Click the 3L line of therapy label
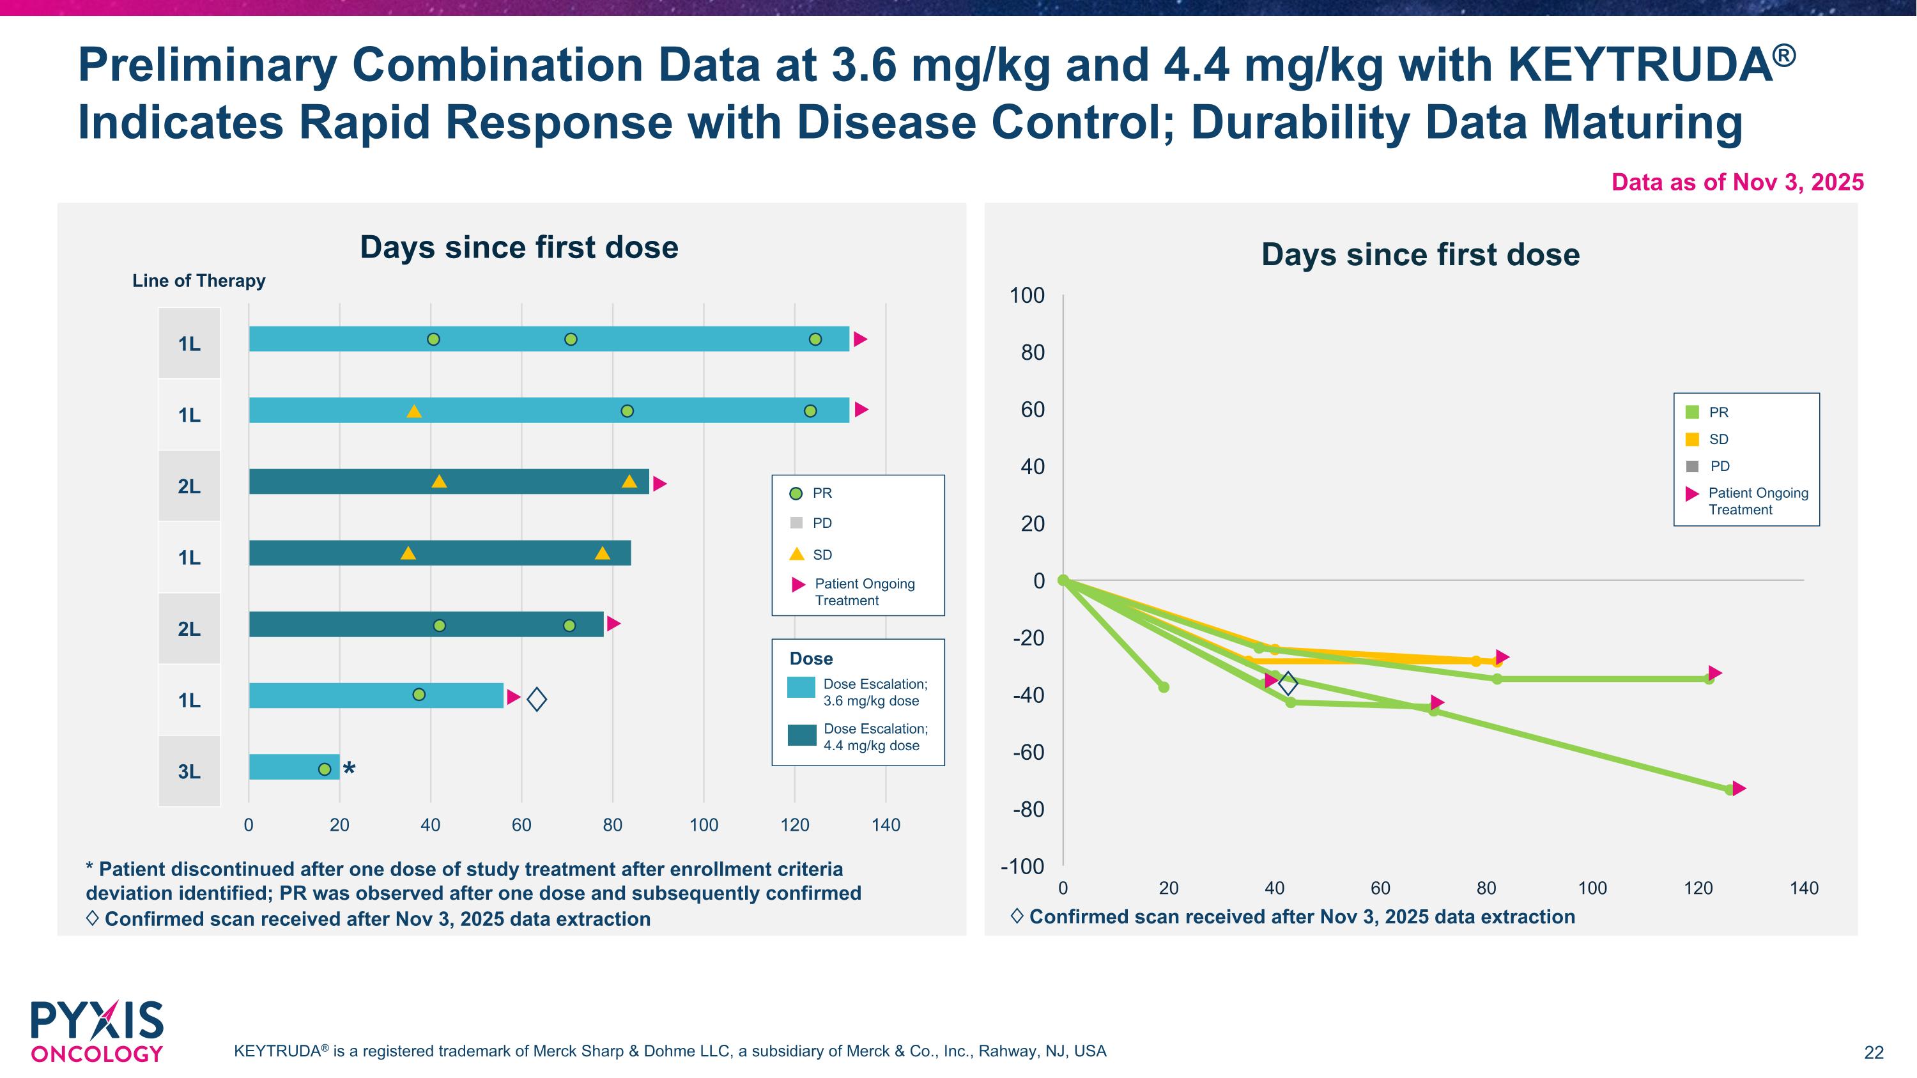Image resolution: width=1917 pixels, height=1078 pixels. coord(189,771)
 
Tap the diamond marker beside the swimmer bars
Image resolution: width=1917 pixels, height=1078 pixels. coord(537,699)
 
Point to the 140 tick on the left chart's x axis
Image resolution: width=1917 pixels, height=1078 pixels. coord(886,825)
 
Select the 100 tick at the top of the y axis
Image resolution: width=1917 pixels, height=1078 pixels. coord(1027,295)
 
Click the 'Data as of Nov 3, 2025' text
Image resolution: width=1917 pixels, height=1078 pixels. coord(1737,182)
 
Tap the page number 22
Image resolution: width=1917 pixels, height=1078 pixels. coord(1874,1052)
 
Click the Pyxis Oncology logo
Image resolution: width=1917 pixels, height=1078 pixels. coord(96,1032)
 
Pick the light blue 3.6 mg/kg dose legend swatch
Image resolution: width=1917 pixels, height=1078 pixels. coord(801,688)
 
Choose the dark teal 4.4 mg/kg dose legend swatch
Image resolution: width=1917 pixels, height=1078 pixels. coord(801,735)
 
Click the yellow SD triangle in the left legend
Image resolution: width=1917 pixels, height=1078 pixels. coord(796,554)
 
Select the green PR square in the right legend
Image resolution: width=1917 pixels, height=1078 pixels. coord(1692,412)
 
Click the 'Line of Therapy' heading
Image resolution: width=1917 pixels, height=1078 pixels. coord(199,281)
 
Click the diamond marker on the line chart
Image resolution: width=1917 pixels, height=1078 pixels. coord(1288,683)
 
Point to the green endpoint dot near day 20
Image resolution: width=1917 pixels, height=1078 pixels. coord(1164,687)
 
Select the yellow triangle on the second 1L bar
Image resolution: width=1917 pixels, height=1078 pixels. coord(414,412)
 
